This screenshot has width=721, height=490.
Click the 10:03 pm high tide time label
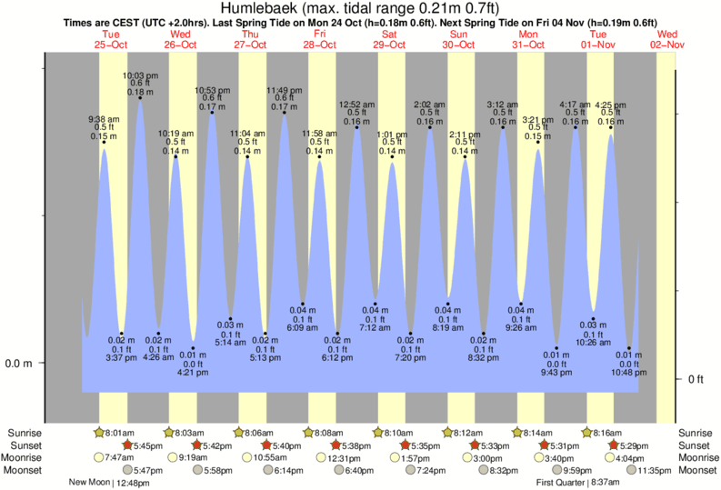click(140, 75)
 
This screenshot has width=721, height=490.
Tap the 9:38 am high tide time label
click(104, 119)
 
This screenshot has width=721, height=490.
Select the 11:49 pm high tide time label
click(284, 90)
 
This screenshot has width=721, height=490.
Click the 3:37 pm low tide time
click(121, 356)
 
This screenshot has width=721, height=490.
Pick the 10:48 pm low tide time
click(628, 372)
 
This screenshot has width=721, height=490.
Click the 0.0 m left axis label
click(18, 364)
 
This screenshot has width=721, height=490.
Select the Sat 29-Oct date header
click(390, 39)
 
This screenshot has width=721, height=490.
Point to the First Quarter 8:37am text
click(578, 483)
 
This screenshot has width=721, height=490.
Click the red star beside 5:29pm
click(614, 445)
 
